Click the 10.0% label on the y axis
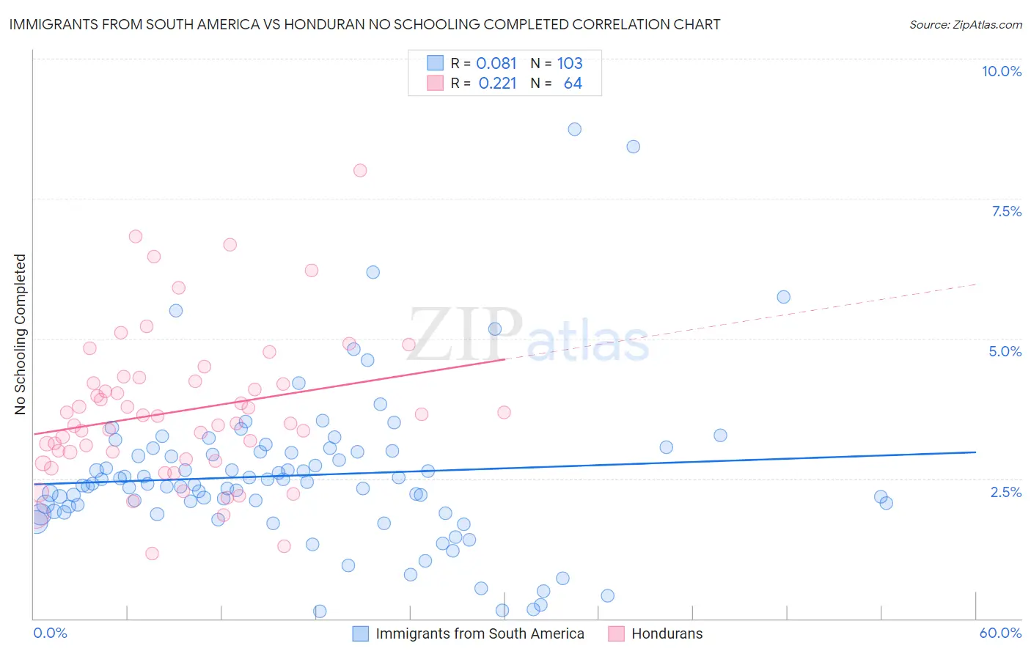tap(1001, 71)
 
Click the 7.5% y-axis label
tap(1006, 211)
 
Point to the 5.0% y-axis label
tap(1005, 351)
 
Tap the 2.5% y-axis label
tap(1005, 492)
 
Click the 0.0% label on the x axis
tap(50, 633)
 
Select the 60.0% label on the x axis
tap(999, 633)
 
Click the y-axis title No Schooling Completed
tap(20, 334)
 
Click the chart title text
tap(364, 24)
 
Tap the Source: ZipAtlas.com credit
tap(965, 24)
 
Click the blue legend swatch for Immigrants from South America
tap(360, 633)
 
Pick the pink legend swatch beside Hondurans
tap(616, 633)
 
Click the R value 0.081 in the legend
tap(496, 63)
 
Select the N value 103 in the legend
tap(570, 63)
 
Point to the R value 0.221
tap(497, 84)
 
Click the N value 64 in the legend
tap(573, 84)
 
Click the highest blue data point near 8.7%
tap(574, 129)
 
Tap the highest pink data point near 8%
tap(360, 170)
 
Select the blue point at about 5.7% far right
tap(783, 297)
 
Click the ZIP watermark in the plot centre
tap(465, 334)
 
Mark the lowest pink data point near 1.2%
tap(152, 554)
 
